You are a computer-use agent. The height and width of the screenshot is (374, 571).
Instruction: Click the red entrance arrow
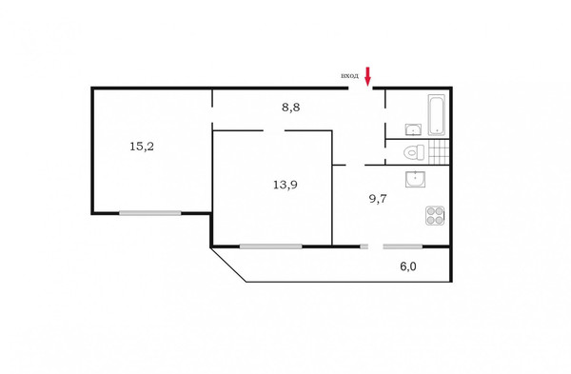[x=368, y=76]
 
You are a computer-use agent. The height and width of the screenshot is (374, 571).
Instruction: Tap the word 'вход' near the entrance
[x=349, y=75]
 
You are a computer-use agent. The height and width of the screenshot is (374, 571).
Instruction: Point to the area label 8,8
[x=290, y=108]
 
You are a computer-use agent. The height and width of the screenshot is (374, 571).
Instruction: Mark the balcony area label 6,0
[x=407, y=266]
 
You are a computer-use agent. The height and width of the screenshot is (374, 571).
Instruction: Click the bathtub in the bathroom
[x=437, y=114]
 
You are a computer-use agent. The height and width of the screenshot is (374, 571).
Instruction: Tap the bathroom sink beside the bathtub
[x=414, y=129]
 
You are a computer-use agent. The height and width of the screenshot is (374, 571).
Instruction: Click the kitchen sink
[x=415, y=179]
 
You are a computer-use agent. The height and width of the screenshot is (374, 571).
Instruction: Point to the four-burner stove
[x=434, y=216]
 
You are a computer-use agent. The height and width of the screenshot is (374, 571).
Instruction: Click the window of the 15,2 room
[x=150, y=213]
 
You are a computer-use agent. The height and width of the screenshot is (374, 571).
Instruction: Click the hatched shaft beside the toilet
[x=438, y=151]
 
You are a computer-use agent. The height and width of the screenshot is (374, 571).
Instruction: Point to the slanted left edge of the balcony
[x=228, y=265]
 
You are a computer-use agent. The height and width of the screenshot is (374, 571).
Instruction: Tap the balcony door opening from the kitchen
[x=374, y=246]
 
